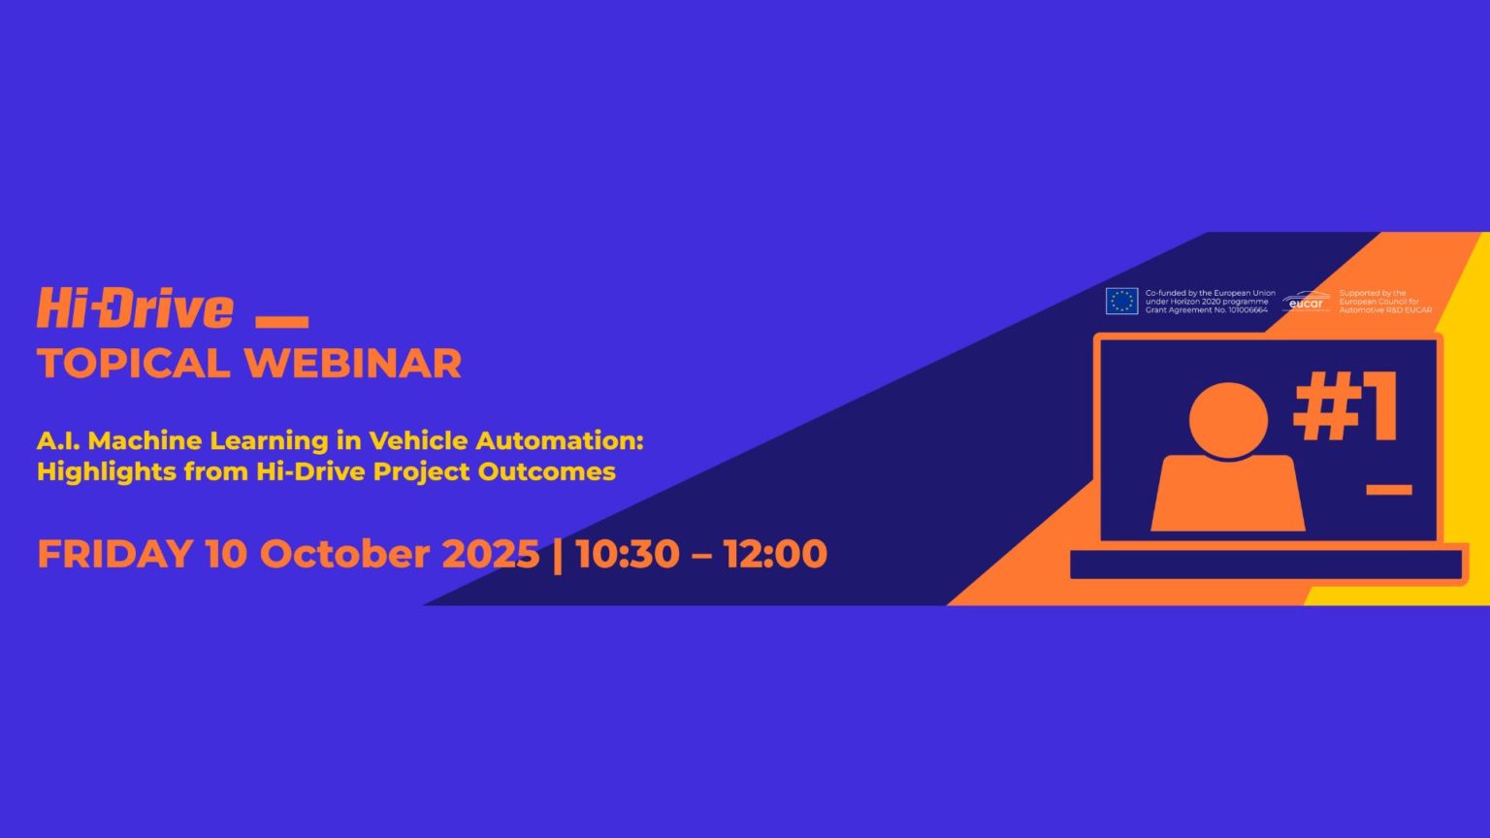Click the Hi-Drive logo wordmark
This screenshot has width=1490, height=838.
tap(135, 307)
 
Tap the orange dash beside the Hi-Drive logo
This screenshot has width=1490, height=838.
tap(282, 322)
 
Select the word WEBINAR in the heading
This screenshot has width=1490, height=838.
tap(353, 364)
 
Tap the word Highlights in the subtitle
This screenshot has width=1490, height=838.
tap(107, 471)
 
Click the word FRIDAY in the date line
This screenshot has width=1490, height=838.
tap(115, 554)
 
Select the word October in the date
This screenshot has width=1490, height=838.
tap(344, 554)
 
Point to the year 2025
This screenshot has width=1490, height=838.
tap(491, 554)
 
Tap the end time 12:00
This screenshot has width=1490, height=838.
tap(776, 554)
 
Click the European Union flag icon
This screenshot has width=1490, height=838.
tap(1121, 302)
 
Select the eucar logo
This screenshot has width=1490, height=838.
tap(1307, 302)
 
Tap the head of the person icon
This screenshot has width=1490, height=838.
tap(1228, 420)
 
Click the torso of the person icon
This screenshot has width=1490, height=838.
tap(1228, 494)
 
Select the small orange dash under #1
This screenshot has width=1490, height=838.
tap(1388, 490)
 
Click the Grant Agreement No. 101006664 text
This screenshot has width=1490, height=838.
tap(1207, 310)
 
